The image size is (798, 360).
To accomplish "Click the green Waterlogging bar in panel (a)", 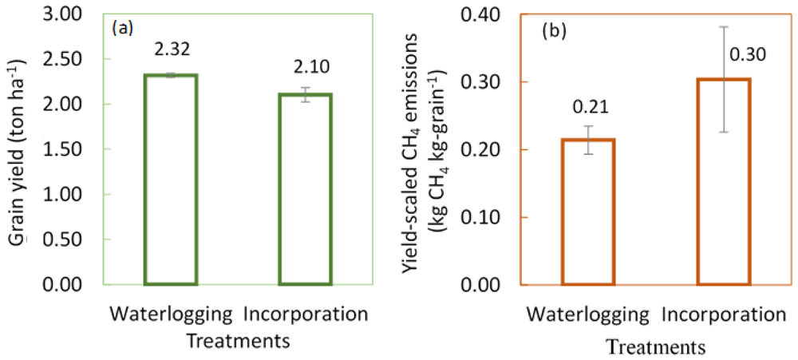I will pos(171,180).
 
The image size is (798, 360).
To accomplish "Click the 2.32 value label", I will pos(171,49).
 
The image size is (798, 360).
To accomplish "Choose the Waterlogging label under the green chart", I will pos(171,312).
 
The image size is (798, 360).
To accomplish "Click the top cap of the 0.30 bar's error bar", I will pos(724,26).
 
